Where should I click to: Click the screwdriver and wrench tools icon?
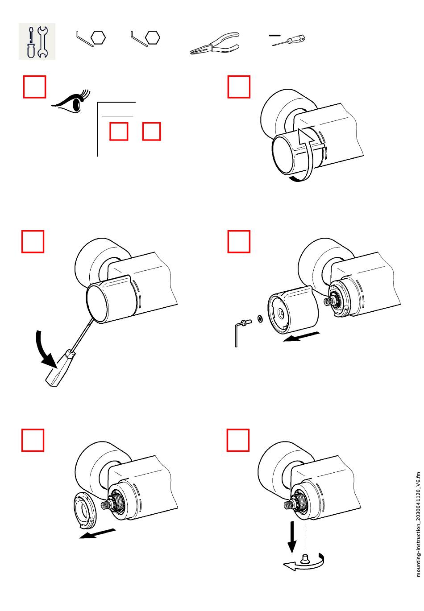pos(37,41)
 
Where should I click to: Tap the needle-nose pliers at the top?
pos(215,44)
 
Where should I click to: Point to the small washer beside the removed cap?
pos(259,319)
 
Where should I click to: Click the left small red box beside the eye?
pos(119,131)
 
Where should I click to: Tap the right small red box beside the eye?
pos(151,131)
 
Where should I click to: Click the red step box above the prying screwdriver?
pos(33,241)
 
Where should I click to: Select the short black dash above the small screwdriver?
pos(275,34)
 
